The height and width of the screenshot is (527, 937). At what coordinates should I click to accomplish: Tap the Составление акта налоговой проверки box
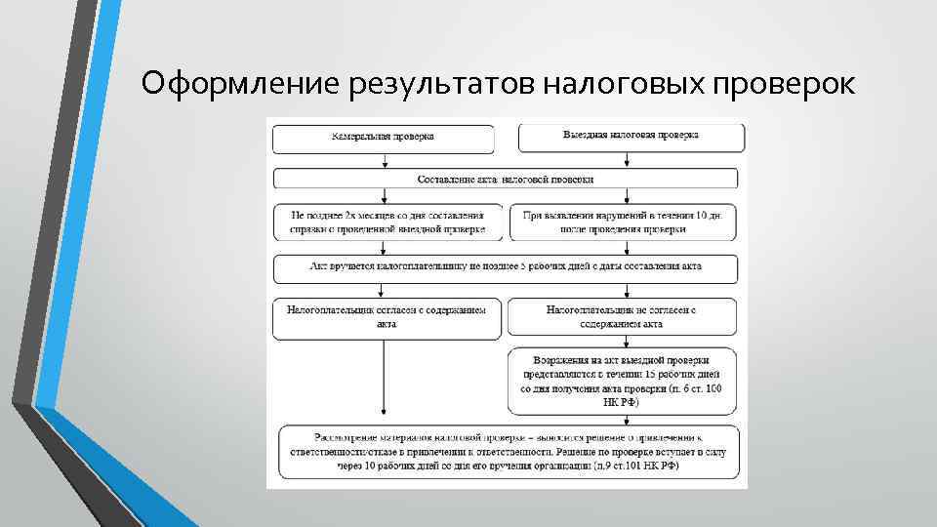(x=506, y=179)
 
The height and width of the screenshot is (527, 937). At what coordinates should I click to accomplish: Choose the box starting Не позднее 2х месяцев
(x=388, y=222)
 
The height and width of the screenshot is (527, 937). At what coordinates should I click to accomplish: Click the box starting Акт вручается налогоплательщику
(x=506, y=266)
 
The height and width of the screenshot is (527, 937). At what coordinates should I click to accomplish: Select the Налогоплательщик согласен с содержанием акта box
(x=388, y=318)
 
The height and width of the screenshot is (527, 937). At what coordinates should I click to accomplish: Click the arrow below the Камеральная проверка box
(x=388, y=160)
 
